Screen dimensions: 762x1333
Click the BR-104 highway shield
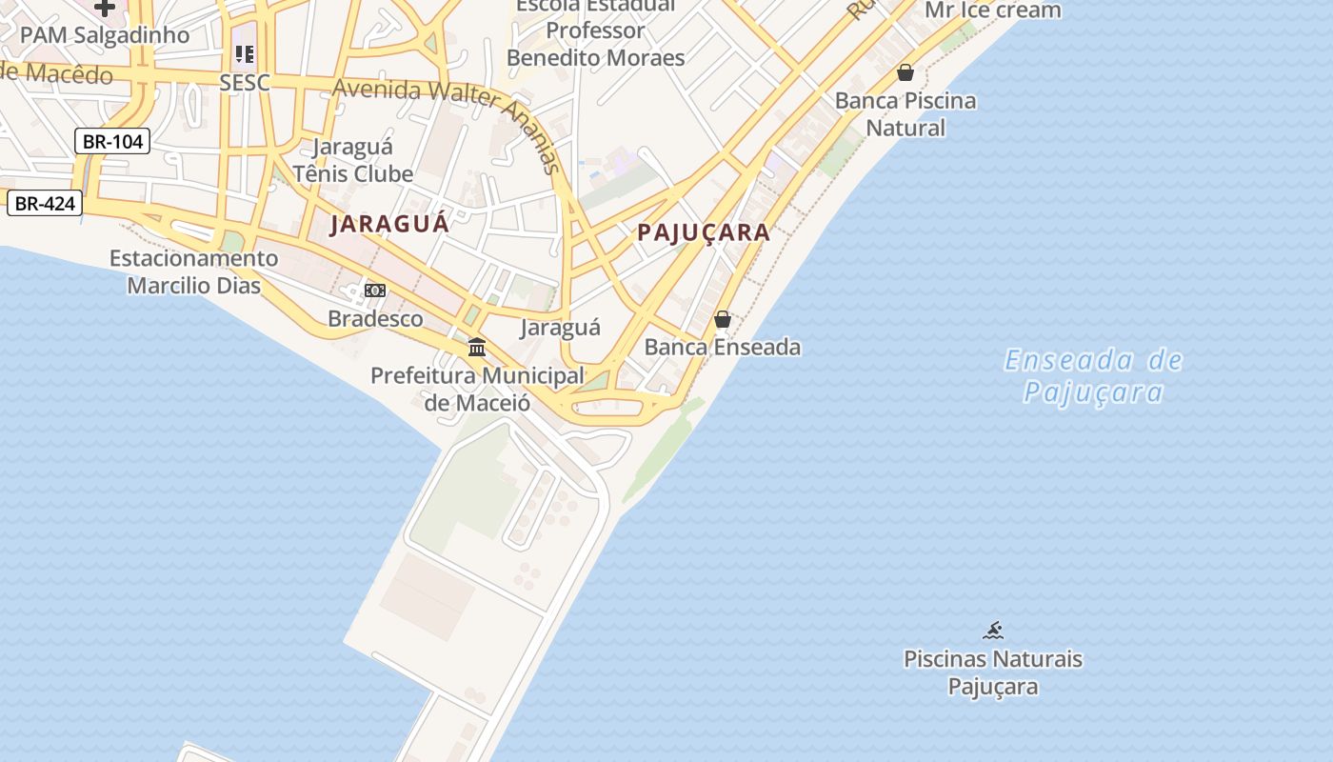tap(112, 142)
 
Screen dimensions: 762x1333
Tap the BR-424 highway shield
tap(45, 203)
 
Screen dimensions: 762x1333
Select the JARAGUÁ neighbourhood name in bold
tap(388, 225)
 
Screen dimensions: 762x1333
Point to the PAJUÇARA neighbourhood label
tap(704, 232)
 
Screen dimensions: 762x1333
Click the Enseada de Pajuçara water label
tap(1093, 376)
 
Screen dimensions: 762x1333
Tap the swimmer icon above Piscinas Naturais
tap(993, 630)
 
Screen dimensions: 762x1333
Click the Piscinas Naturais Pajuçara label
tap(993, 672)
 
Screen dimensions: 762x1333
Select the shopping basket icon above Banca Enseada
tap(723, 319)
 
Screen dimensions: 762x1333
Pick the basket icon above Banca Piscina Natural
tap(905, 72)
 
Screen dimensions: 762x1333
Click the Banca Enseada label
tap(723, 347)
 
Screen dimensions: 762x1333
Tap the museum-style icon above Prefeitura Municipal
tap(477, 348)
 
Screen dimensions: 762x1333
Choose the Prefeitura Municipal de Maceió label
tap(477, 389)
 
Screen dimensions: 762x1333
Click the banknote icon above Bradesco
tap(375, 290)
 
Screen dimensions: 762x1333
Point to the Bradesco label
tap(375, 318)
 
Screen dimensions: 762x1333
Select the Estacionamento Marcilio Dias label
tap(194, 271)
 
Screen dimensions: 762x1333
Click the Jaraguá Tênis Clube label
tap(353, 160)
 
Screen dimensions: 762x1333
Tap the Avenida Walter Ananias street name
tap(448, 110)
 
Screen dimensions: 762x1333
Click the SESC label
tap(245, 83)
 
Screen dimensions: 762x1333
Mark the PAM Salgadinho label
tap(105, 35)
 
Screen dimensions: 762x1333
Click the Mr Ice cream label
tap(993, 10)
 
